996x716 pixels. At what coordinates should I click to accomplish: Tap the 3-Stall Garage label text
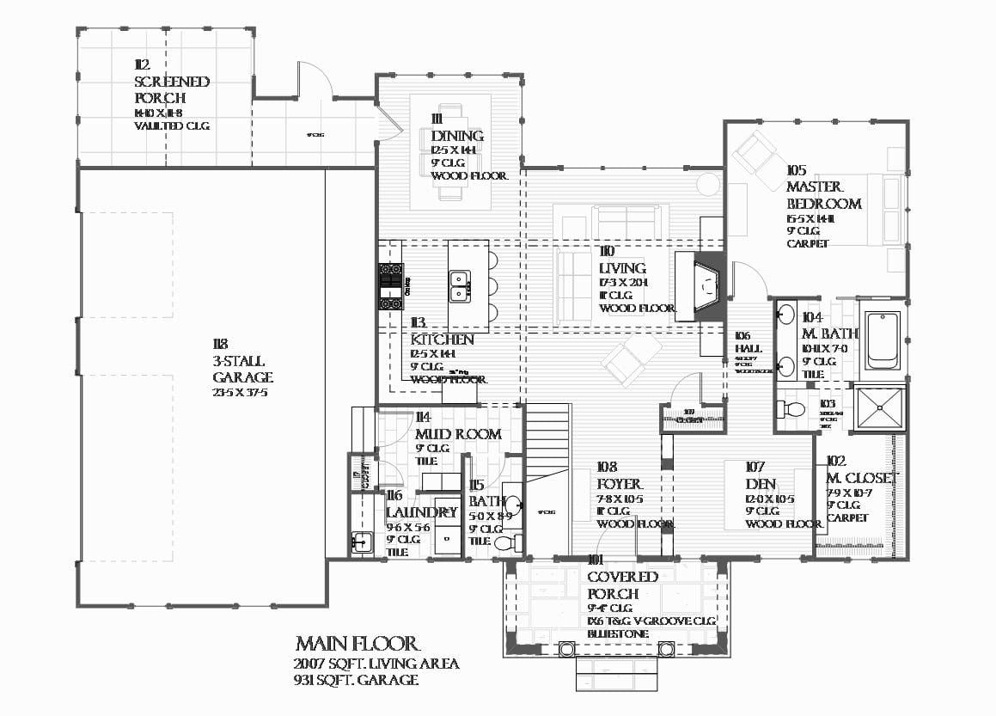click(242, 370)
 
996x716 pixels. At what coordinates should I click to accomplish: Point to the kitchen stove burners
click(391, 286)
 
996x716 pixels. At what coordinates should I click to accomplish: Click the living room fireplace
click(700, 287)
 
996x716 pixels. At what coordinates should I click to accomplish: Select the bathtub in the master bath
click(882, 340)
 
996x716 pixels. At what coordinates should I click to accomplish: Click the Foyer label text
click(619, 485)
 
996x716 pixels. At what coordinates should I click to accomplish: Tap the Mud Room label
click(457, 434)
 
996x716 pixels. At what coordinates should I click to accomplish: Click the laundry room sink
click(362, 542)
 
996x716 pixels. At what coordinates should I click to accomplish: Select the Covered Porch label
click(622, 585)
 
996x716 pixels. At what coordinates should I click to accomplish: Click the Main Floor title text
click(357, 644)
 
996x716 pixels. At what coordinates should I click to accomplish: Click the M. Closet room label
click(862, 478)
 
